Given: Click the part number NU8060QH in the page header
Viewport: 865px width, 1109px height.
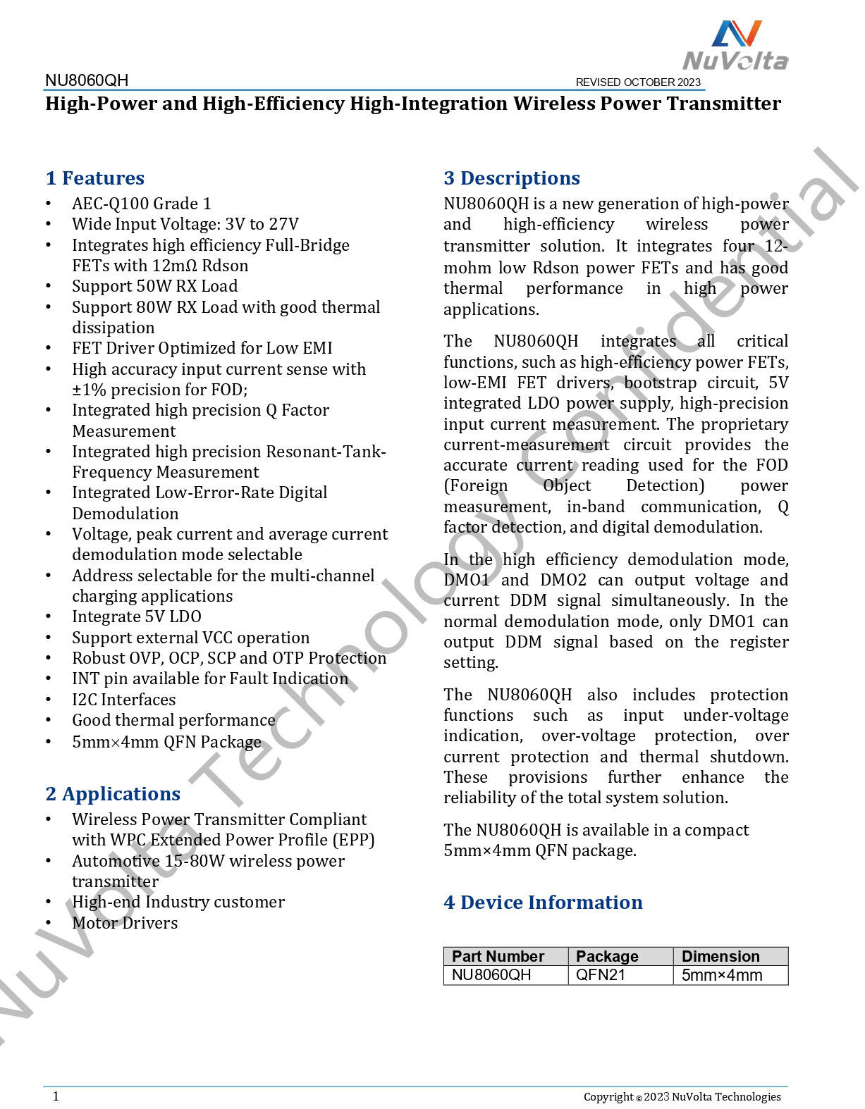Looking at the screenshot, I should coord(87,80).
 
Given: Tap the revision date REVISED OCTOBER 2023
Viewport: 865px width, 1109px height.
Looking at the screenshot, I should coord(638,82).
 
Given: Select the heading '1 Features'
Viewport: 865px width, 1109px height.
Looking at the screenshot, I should coord(95,178).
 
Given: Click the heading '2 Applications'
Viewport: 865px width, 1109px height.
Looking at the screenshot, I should coord(113,794).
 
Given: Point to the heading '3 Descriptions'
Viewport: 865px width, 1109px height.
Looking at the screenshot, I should coord(512,178).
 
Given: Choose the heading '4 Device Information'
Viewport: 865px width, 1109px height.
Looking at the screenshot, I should coord(543,903).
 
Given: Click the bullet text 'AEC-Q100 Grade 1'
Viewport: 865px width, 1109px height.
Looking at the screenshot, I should coord(142,204).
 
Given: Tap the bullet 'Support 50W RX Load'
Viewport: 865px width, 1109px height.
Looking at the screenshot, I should coord(155,286).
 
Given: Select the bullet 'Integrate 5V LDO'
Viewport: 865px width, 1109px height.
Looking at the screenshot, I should coord(137,617).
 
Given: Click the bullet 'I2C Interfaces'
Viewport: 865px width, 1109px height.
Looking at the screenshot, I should coord(124,700).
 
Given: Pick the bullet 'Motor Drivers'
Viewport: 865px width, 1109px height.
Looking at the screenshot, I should coord(125,923).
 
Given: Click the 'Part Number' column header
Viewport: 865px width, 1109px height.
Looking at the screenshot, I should coord(498,956).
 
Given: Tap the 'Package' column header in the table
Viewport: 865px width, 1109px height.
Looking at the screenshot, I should coord(607,956).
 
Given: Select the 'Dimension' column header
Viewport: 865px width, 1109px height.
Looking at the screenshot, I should coord(720,956).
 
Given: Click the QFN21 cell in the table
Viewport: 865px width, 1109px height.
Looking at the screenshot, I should coord(601,975).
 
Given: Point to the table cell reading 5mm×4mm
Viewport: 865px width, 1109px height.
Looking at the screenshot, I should coord(722,975).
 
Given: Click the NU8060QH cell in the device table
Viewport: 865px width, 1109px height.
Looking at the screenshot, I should coord(491,975).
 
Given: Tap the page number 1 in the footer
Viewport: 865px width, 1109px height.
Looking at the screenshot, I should coord(56,1096).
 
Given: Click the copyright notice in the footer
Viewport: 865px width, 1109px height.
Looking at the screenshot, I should coord(682,1096).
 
